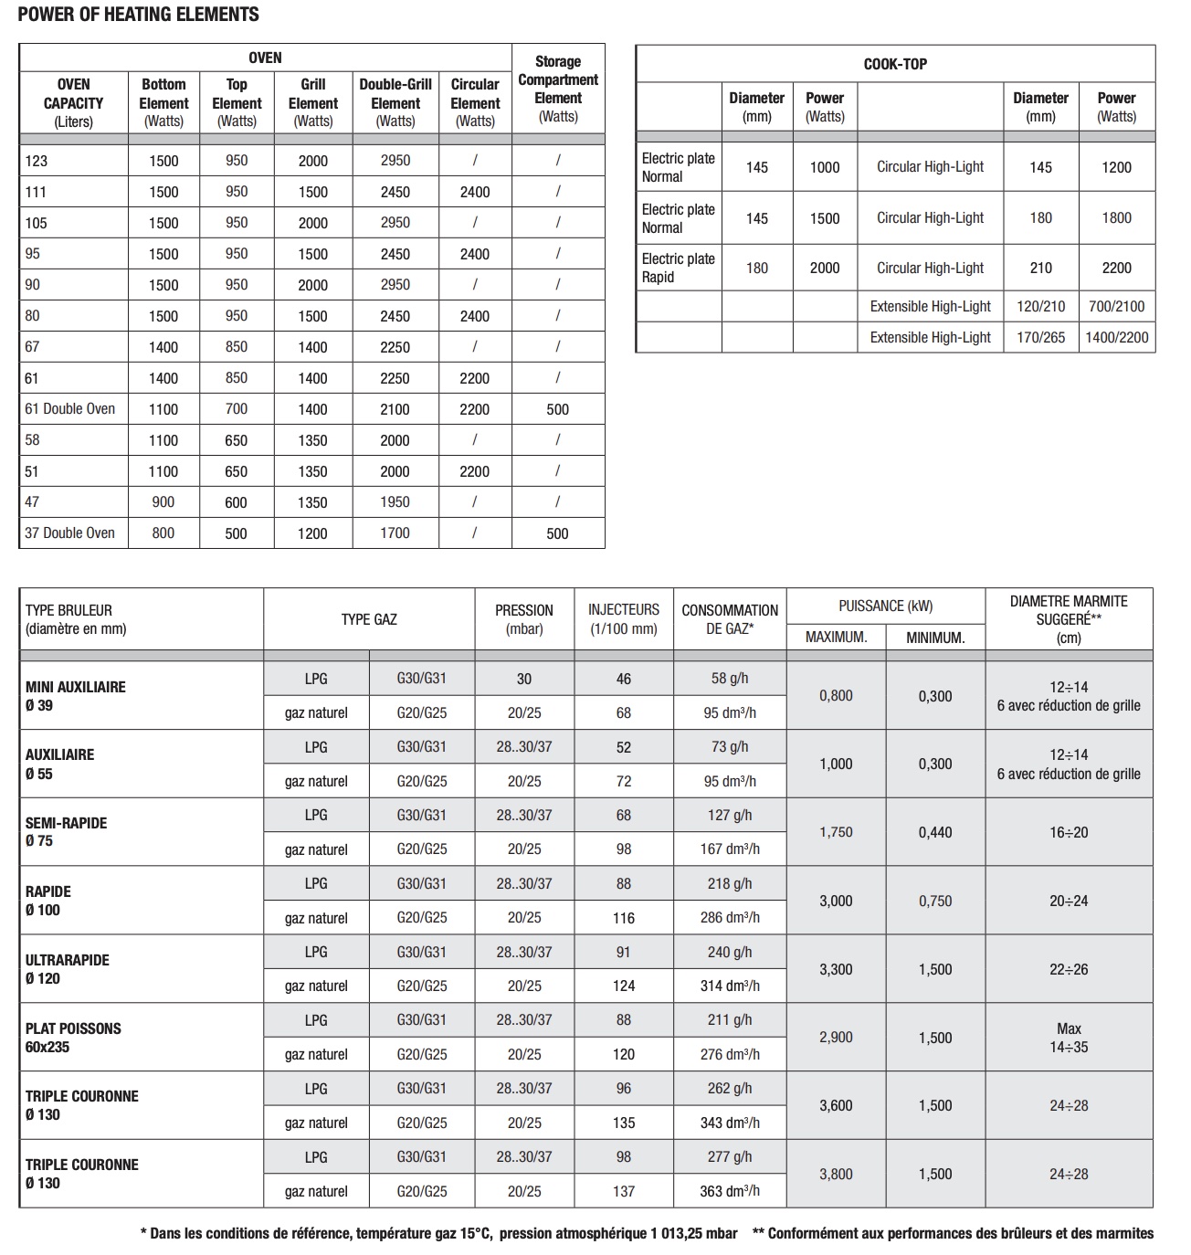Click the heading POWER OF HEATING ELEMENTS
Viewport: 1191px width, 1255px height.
pyautogui.click(x=139, y=15)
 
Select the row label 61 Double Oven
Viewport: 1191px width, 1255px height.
pyautogui.click(x=70, y=409)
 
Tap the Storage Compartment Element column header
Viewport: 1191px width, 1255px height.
pyautogui.click(x=558, y=89)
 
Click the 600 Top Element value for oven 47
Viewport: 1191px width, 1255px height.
pyautogui.click(x=237, y=501)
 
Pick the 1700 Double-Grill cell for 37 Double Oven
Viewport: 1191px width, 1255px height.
pyautogui.click(x=395, y=533)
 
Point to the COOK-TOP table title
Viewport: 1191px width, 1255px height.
pyautogui.click(x=895, y=64)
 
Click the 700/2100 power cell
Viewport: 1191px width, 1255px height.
pyautogui.click(x=1116, y=307)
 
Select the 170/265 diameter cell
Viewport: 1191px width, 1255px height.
pyautogui.click(x=1040, y=337)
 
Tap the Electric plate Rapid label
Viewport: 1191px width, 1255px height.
pyautogui.click(x=678, y=268)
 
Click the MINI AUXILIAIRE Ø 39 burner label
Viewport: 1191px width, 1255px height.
pyautogui.click(x=76, y=696)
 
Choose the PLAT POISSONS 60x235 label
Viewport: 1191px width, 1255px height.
pyautogui.click(x=73, y=1038)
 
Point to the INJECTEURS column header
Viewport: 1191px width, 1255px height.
pyautogui.click(x=624, y=618)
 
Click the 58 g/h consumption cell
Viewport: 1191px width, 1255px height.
pyautogui.click(x=730, y=679)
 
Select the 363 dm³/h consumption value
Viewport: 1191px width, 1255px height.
pyautogui.click(x=730, y=1191)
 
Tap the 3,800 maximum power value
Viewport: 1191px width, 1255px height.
pyautogui.click(x=836, y=1174)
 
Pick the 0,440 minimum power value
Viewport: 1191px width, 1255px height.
pyautogui.click(x=935, y=832)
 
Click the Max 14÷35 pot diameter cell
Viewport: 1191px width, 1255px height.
pyautogui.click(x=1069, y=1038)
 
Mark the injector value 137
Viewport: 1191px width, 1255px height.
pyautogui.click(x=624, y=1191)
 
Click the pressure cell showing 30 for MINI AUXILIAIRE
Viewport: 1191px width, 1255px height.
pyautogui.click(x=524, y=679)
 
